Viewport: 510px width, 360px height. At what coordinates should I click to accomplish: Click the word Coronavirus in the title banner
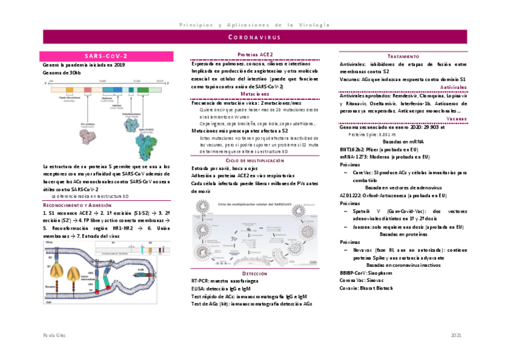pos(255,37)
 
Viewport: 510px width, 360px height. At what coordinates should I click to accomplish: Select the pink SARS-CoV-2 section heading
pos(106,55)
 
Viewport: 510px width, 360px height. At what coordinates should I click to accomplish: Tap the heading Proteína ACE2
pos(256,55)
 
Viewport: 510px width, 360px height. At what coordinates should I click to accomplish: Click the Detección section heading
pos(255,273)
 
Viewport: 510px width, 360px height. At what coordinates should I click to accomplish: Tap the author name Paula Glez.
pos(55,334)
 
